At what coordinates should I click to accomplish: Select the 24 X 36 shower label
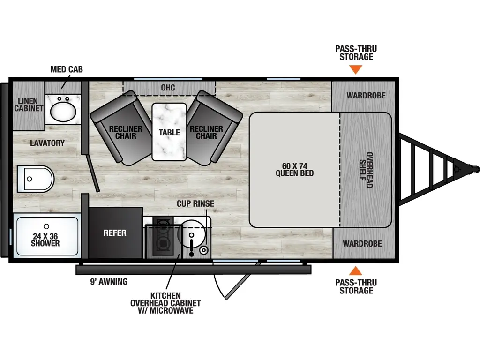pos(45,240)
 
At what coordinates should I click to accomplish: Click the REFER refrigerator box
pos(115,232)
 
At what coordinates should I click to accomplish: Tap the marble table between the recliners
pos(169,132)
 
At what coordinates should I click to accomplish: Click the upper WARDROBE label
pos(366,96)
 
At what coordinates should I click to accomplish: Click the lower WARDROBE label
pos(362,244)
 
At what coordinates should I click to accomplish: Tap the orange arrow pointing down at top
pos(356,70)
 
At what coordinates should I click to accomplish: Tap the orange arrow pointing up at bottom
pos(356,270)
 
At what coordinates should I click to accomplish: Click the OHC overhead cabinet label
pos(168,87)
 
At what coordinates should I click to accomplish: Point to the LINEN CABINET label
pos(28,105)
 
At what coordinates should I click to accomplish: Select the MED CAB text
pos(67,69)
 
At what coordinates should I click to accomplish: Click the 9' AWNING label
pos(109,282)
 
